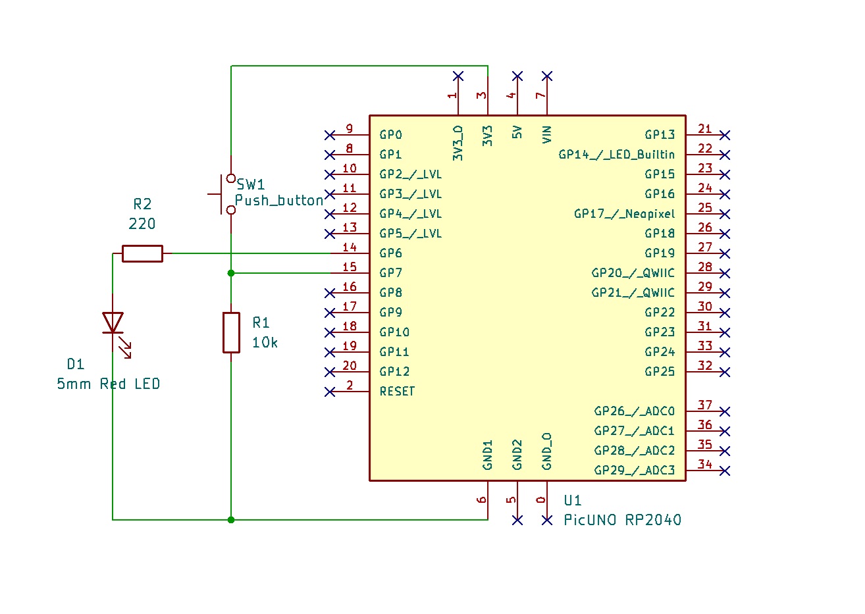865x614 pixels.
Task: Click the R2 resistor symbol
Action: coord(142,253)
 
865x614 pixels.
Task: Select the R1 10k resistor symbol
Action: coord(231,332)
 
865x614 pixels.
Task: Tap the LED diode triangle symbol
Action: coord(113,322)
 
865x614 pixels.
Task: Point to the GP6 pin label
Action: coord(390,253)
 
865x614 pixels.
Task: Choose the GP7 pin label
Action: coord(390,273)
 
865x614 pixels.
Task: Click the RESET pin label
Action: coord(397,392)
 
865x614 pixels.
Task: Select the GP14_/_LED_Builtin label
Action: coord(616,155)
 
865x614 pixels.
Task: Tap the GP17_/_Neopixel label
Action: coord(624,214)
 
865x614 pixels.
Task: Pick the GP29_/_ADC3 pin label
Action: coord(634,471)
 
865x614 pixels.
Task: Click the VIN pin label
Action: coord(547,135)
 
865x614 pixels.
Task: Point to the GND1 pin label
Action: coord(488,455)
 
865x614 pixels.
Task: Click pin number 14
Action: coord(350,247)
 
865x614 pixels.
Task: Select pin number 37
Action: coord(705,405)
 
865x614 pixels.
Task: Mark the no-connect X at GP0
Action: coord(330,135)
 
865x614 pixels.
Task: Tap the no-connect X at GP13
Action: coord(725,135)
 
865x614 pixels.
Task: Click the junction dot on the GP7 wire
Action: coord(231,273)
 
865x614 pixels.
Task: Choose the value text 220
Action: coord(142,224)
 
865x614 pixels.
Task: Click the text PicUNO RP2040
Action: coord(622,520)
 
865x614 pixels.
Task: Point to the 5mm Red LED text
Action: coord(109,384)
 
